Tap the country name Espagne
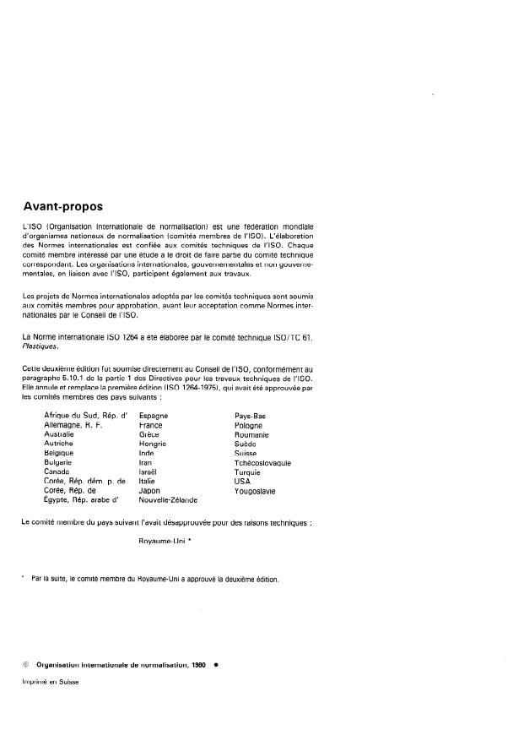[x=154, y=416]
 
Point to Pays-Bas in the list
[x=250, y=416]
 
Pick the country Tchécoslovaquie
[x=262, y=462]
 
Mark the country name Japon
[x=149, y=490]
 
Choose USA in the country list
[x=242, y=481]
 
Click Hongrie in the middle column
[x=153, y=444]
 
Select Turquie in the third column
[x=247, y=471]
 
